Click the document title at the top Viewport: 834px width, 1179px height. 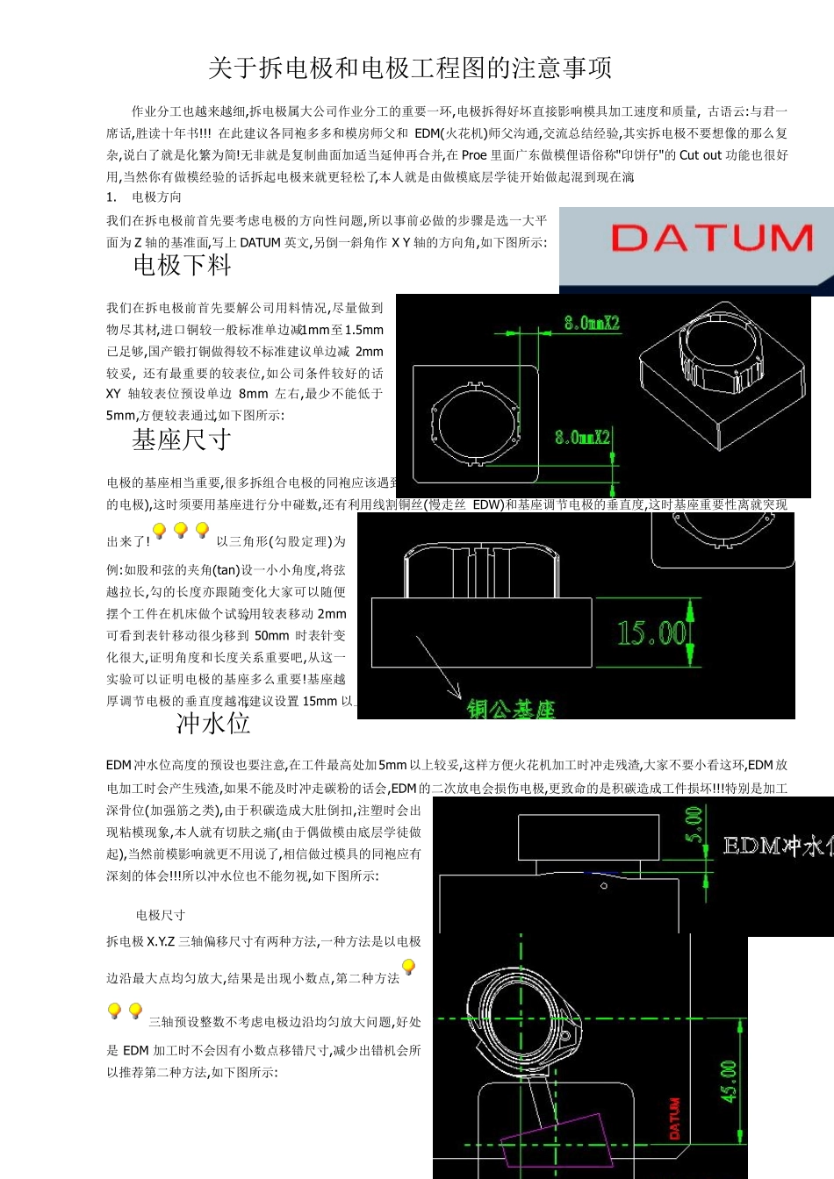tap(410, 68)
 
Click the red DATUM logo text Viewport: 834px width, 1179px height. tap(711, 239)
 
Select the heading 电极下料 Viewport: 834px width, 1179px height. tap(183, 265)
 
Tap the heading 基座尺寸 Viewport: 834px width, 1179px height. tap(182, 439)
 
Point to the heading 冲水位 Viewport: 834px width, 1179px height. tap(213, 723)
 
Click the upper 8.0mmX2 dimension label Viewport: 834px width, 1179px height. tap(592, 323)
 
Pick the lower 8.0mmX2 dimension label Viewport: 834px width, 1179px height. tap(581, 437)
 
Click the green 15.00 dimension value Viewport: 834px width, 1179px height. tap(651, 632)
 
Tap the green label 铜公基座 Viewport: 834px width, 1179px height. tap(511, 709)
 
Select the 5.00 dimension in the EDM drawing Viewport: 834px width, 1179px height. tap(694, 825)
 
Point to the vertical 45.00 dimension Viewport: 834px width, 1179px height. tap(729, 1081)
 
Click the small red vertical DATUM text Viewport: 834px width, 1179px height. tap(675, 1118)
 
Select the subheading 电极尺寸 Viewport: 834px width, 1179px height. tap(161, 915)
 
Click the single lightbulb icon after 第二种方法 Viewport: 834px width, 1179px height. tap(408, 968)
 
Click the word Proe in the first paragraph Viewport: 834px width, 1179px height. tap(474, 155)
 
